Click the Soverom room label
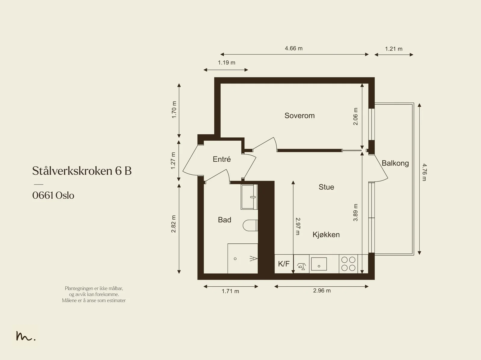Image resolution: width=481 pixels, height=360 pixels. (299, 116)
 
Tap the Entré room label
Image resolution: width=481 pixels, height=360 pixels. (222, 159)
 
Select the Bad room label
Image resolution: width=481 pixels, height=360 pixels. (224, 220)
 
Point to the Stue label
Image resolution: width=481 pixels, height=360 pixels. (326, 187)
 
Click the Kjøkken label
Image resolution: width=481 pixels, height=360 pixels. (326, 234)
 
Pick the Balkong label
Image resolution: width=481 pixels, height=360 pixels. (395, 163)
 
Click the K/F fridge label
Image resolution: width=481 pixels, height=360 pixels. (284, 264)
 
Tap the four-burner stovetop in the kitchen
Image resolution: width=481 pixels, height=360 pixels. (348, 264)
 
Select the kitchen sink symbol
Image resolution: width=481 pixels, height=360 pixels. (319, 264)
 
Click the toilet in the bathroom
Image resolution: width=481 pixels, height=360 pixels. (250, 225)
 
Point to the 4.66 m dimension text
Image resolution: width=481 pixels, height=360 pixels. (294, 48)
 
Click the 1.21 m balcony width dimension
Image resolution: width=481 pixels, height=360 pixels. (394, 49)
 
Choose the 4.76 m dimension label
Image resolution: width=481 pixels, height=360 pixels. (424, 172)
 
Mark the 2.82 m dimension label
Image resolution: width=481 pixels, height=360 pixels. (173, 224)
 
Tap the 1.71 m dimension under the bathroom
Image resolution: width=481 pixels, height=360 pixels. (230, 291)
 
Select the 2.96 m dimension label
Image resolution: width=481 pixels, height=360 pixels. (322, 291)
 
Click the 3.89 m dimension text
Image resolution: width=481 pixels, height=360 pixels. (355, 212)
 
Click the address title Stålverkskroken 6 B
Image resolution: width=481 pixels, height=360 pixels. (82, 171)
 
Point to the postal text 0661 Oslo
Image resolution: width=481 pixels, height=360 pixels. (53, 195)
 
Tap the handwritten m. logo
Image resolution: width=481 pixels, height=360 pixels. (26, 336)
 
